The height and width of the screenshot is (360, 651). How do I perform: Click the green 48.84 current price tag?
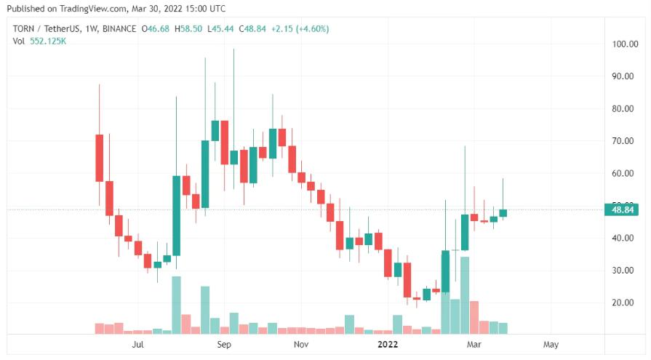click(623, 210)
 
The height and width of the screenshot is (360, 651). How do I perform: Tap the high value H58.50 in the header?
click(191, 29)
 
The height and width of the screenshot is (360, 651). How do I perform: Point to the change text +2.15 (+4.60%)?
click(300, 29)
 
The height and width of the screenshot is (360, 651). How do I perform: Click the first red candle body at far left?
click(100, 158)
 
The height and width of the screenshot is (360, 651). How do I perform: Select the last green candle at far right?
click(503, 213)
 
